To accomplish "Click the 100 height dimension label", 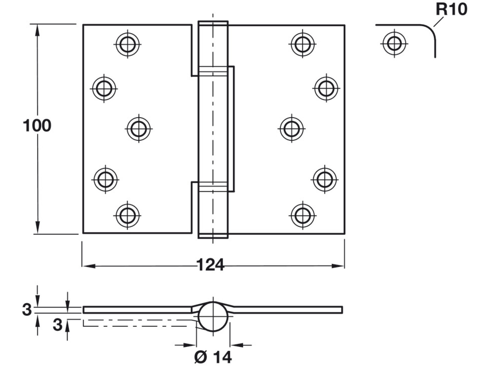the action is (x=37, y=126).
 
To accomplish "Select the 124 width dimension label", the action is (x=210, y=265).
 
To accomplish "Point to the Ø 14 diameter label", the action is (x=213, y=357).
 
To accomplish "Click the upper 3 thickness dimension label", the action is (x=27, y=310).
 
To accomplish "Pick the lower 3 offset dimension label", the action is (x=57, y=325).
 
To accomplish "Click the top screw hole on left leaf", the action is (x=127, y=44).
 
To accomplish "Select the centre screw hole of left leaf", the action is (x=139, y=129).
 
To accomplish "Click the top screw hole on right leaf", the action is (x=302, y=44).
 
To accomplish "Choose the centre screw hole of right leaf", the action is (x=292, y=129).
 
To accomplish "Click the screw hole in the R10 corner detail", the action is (x=394, y=43).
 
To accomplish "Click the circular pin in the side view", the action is (x=213, y=317).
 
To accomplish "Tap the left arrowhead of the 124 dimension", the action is (x=89, y=266).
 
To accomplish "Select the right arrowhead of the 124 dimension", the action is (x=338, y=266).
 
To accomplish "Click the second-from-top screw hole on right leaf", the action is (x=326, y=88).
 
